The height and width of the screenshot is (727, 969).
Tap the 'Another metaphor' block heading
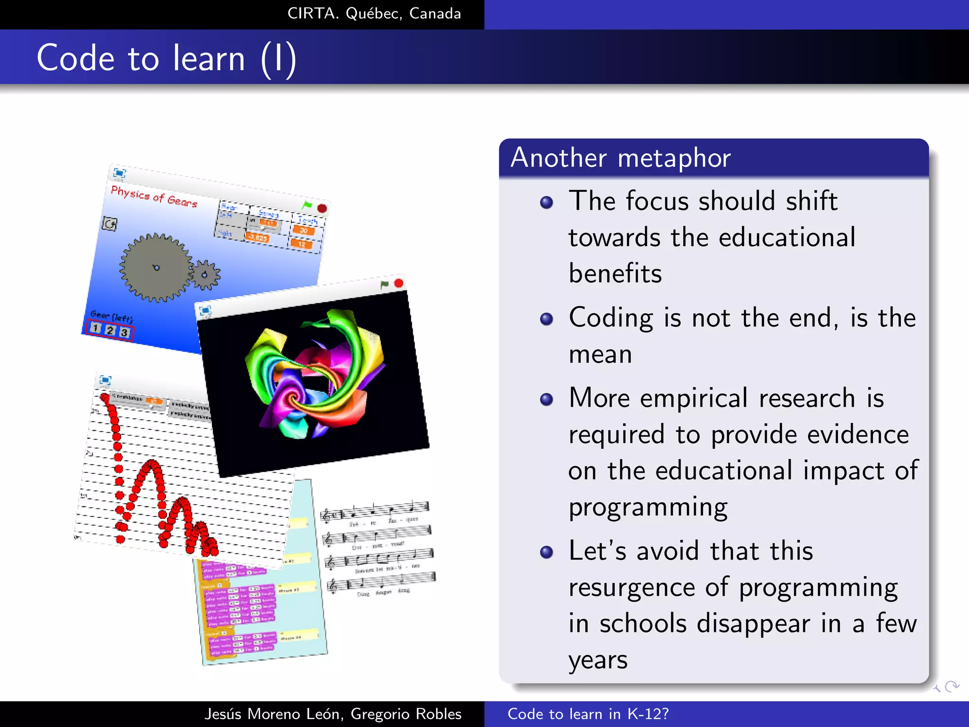tap(620, 158)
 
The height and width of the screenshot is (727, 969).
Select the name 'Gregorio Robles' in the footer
tap(406, 714)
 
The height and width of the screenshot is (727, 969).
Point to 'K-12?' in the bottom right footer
tap(648, 714)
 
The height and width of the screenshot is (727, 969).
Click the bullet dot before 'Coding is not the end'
tap(546, 319)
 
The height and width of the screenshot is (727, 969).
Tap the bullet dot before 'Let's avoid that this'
tap(546, 552)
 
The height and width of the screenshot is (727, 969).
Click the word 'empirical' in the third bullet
tap(694, 398)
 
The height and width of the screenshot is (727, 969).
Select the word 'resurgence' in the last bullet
tap(631, 587)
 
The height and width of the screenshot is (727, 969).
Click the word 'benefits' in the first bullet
tap(615, 274)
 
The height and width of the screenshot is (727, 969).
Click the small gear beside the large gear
tap(205, 275)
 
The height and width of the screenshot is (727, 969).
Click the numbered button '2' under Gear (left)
tap(110, 330)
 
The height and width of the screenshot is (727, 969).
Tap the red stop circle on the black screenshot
tap(398, 283)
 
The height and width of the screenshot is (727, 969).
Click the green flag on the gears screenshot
tap(307, 205)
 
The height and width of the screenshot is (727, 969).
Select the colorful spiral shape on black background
tap(315, 374)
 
